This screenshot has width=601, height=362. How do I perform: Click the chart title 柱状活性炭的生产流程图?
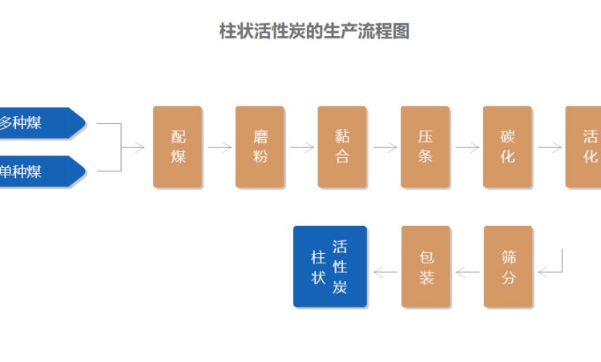[314, 32]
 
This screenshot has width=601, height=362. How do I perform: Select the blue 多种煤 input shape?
[36, 123]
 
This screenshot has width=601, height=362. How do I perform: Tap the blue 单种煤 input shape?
[36, 171]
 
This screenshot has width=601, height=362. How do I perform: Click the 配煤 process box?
[178, 147]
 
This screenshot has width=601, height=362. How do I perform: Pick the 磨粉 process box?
[260, 147]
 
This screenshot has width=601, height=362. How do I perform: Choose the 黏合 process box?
[342, 147]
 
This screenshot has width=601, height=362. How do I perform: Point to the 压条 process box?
[426, 147]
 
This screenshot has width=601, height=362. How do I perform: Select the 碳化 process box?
[508, 147]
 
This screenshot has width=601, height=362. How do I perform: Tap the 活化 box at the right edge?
[585, 147]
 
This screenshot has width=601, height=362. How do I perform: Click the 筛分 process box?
[508, 267]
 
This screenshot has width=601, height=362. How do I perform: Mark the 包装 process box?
[426, 267]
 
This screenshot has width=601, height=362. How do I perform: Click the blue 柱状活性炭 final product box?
[330, 267]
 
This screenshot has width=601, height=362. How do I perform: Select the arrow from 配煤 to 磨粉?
[220, 147]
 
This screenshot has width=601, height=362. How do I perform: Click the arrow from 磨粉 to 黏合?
[302, 147]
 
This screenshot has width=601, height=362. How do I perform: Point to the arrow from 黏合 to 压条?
[385, 147]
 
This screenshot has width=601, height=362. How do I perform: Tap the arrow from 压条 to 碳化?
[467, 147]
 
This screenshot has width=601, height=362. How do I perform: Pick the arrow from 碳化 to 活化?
[550, 147]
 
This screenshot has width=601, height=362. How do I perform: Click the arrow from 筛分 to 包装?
[467, 272]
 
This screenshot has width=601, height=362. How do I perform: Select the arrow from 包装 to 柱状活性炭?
[385, 272]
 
